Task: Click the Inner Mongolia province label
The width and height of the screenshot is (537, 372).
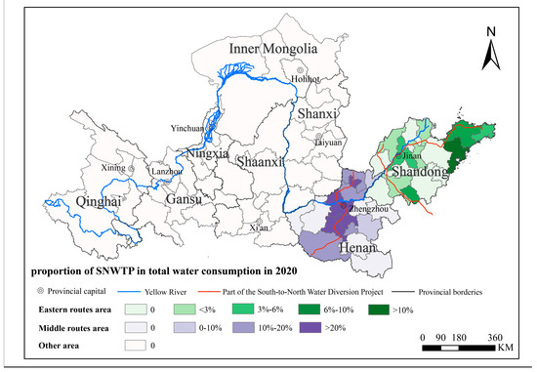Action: [276, 49]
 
